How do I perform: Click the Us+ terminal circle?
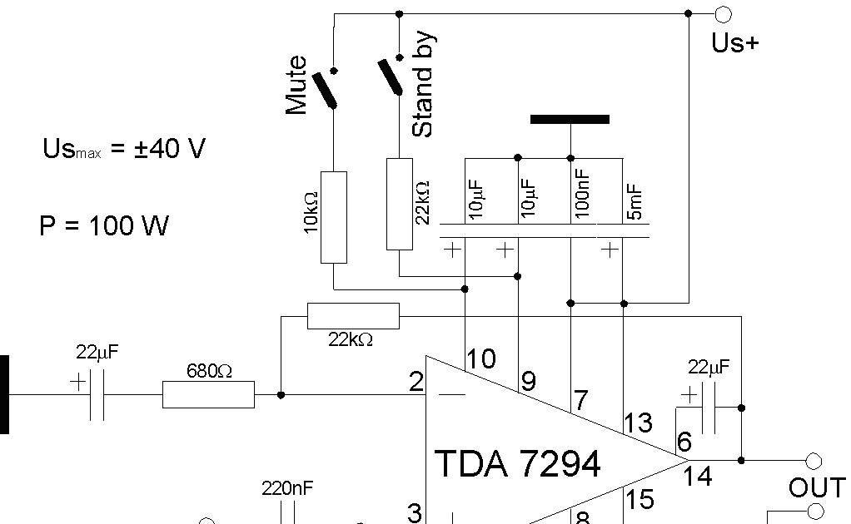click(x=723, y=13)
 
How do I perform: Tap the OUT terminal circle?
click(x=813, y=460)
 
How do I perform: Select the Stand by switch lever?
click(x=389, y=77)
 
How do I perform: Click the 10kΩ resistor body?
click(x=334, y=217)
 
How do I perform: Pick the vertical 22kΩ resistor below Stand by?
click(x=400, y=203)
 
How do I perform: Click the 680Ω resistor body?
click(x=208, y=395)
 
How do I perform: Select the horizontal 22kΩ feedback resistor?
click(x=353, y=316)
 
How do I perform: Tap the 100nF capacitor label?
click(x=583, y=193)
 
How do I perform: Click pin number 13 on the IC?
click(x=638, y=423)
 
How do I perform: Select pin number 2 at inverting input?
click(x=416, y=383)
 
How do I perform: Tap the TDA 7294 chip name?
click(x=517, y=463)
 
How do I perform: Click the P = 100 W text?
click(x=104, y=225)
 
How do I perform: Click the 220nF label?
click(x=288, y=488)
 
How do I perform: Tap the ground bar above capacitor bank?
click(x=570, y=120)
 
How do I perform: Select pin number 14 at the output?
click(x=697, y=477)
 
